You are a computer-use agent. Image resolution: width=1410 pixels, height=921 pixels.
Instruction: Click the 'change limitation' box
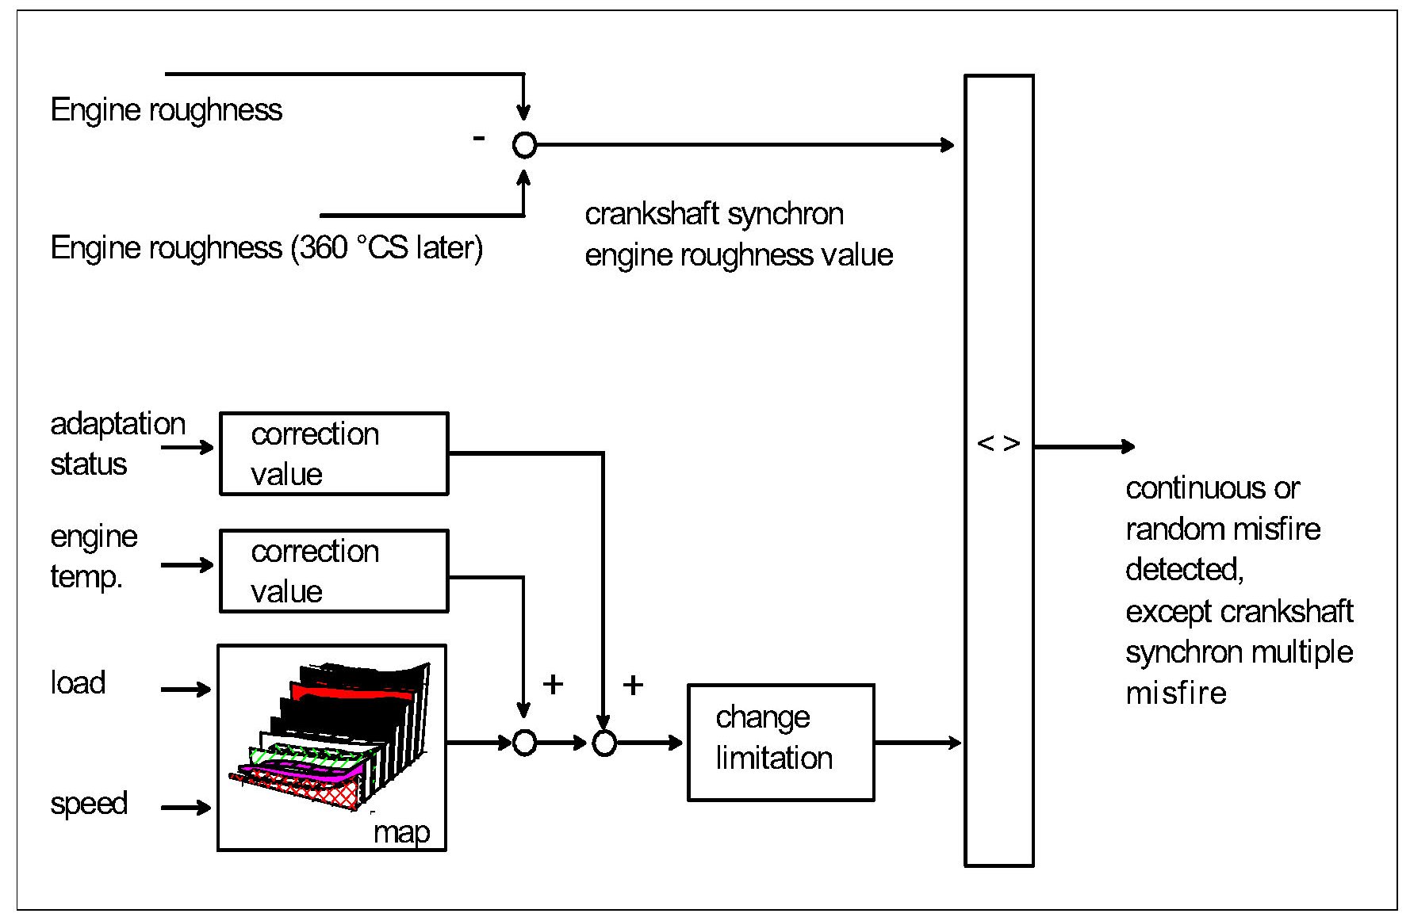[x=780, y=742]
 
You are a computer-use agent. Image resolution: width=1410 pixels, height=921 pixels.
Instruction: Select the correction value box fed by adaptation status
[x=334, y=453]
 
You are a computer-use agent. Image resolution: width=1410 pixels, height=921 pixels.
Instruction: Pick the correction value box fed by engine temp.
[x=334, y=571]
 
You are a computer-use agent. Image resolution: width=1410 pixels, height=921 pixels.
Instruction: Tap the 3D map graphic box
[x=331, y=747]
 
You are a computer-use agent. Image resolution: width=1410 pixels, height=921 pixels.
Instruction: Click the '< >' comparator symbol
[x=998, y=444]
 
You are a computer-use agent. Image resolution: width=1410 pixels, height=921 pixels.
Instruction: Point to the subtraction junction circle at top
[x=524, y=145]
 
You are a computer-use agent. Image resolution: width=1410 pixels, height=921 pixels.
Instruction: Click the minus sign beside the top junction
[x=478, y=139]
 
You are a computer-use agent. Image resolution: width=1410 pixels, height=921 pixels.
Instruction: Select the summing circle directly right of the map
[x=524, y=743]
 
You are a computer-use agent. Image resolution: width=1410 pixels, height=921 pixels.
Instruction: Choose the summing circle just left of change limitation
[x=604, y=743]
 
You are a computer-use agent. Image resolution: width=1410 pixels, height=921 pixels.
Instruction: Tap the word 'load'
[x=78, y=682]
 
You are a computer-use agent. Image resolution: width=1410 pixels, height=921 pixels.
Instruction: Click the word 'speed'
[x=89, y=803]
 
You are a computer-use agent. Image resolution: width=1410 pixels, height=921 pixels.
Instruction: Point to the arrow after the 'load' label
[x=186, y=689]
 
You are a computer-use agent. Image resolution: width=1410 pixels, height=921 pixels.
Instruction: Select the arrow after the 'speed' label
[x=186, y=808]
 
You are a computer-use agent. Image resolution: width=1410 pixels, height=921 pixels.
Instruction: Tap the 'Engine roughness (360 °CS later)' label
[x=266, y=248]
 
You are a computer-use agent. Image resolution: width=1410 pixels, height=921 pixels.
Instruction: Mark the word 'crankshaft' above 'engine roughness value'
[x=652, y=214]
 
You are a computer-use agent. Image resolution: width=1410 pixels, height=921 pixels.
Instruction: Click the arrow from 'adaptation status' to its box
[x=188, y=448]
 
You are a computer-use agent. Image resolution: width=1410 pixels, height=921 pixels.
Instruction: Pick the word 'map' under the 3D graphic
[x=401, y=832]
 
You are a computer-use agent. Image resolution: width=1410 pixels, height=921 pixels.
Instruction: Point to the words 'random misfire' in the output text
[x=1223, y=529]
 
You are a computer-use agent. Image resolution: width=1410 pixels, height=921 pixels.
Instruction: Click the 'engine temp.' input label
[x=94, y=556]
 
